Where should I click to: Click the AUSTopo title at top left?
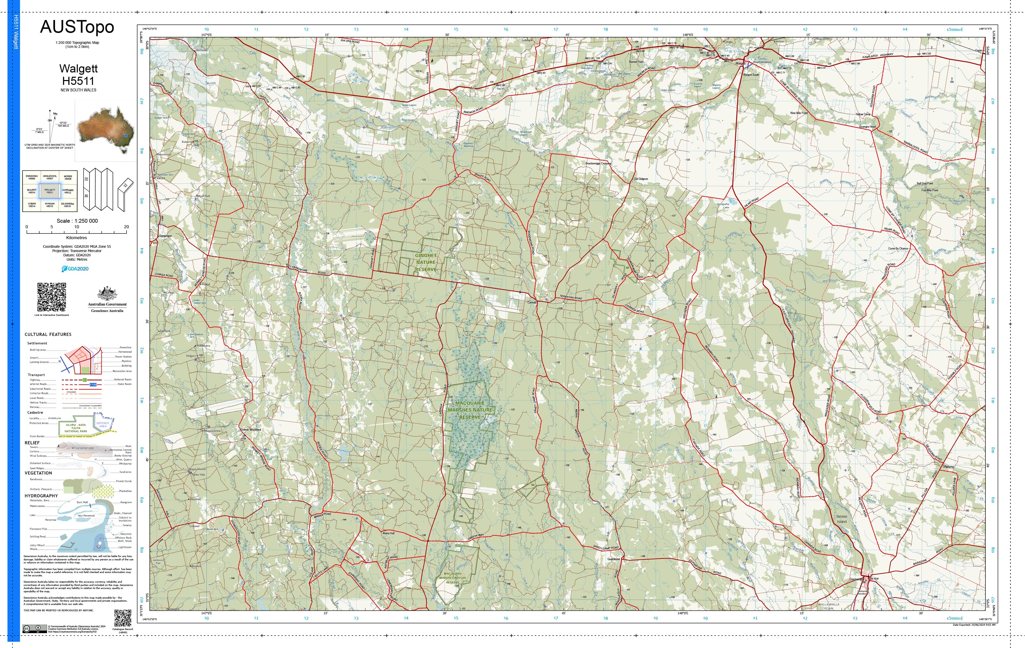(77, 27)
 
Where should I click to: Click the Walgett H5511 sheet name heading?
(78, 74)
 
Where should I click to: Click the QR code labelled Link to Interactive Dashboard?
(51, 297)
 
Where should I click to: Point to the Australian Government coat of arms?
(107, 293)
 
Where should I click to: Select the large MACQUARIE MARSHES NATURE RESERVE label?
(470, 410)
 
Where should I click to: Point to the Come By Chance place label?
(898, 248)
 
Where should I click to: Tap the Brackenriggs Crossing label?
(598, 163)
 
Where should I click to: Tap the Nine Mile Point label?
(799, 113)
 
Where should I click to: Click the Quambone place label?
(613, 559)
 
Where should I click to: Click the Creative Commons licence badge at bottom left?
(35, 628)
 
